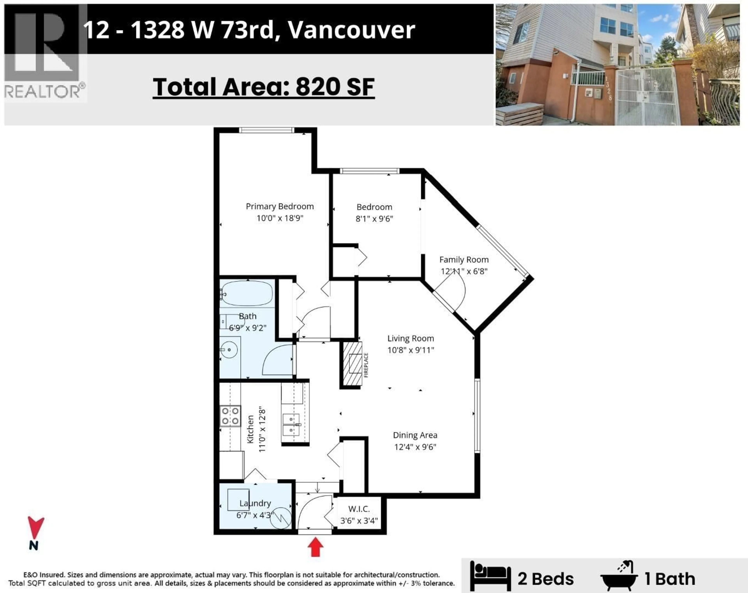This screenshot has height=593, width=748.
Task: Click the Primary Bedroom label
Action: pyautogui.click(x=280, y=206)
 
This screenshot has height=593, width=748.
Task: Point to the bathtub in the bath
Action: pyautogui.click(x=247, y=293)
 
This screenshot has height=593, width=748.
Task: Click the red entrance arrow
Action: pyautogui.click(x=315, y=547)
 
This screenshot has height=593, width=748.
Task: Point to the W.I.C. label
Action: pyautogui.click(x=359, y=509)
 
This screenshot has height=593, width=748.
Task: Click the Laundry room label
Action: pyautogui.click(x=255, y=503)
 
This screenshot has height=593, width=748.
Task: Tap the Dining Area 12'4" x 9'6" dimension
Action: pyautogui.click(x=415, y=447)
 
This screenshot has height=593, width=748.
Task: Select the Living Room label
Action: pyautogui.click(x=410, y=338)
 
